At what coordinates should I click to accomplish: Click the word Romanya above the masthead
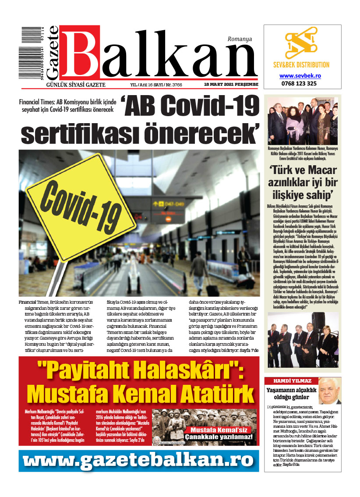[x=240, y=39]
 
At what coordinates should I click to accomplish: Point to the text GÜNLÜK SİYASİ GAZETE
[x=73, y=85]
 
